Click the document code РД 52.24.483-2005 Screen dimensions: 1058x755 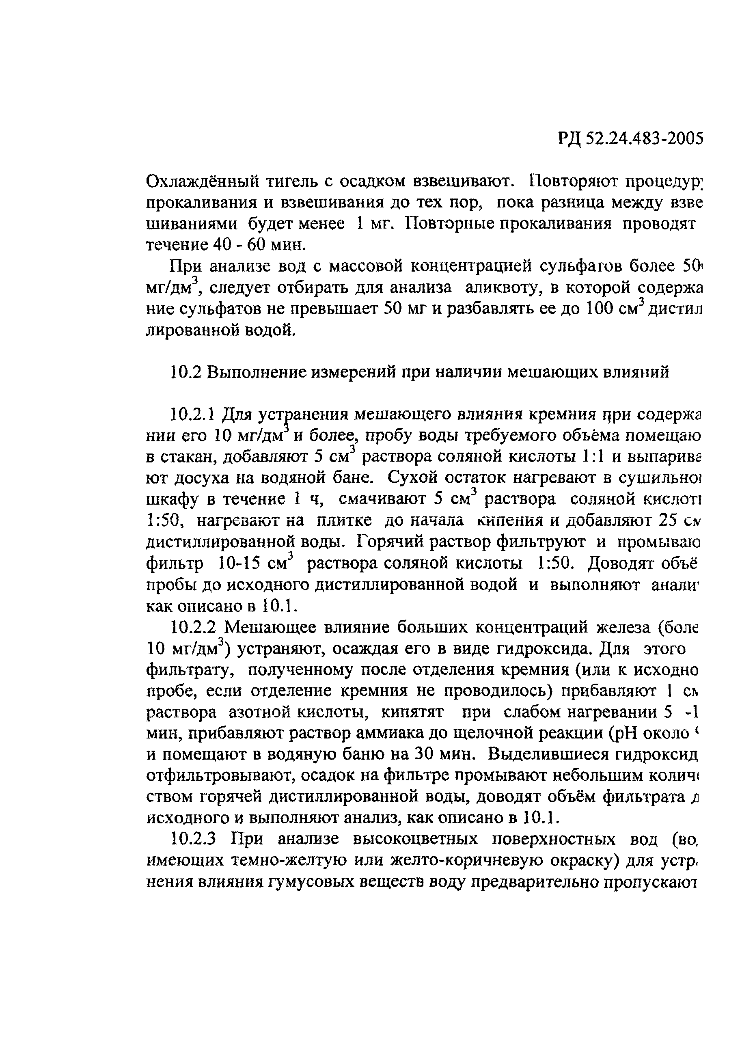(630, 138)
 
